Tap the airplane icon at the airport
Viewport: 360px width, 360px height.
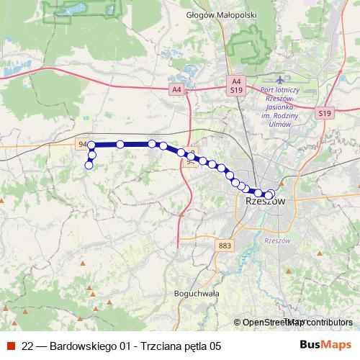(x=279, y=78)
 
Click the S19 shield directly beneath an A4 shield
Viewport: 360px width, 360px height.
(x=237, y=91)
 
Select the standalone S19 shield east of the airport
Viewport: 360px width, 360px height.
(x=325, y=113)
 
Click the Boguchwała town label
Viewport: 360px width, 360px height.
(x=196, y=294)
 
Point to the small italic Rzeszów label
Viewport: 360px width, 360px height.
(x=276, y=240)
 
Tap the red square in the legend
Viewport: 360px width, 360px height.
(x=10, y=345)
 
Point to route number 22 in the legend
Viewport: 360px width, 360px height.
(x=27, y=345)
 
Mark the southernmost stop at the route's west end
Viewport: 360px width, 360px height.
(x=89, y=166)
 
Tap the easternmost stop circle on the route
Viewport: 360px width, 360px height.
(x=271, y=194)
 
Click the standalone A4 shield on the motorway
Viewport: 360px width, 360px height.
(x=176, y=89)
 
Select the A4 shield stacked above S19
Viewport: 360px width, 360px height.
(x=237, y=81)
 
